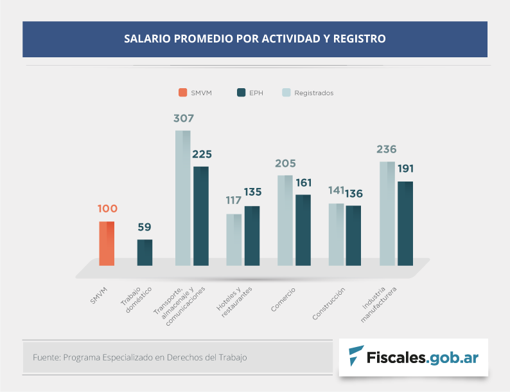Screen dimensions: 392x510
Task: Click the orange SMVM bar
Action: coord(107,243)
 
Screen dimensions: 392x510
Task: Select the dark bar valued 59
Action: coord(145,252)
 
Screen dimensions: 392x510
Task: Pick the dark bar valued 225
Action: coord(201,216)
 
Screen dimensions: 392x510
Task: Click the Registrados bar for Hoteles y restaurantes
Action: coord(234,239)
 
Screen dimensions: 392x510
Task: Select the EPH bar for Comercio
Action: coord(303,230)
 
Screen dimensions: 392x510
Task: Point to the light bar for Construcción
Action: coord(337,234)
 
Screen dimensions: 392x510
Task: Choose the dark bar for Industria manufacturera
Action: coord(405,223)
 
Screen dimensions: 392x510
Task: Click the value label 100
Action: coord(107,209)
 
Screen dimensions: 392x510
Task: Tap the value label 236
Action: coord(386,149)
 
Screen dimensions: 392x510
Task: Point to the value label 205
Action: coord(285,163)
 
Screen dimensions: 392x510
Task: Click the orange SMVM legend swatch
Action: coord(183,93)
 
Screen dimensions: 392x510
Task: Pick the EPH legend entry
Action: coord(250,93)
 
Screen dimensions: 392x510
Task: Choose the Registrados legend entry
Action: coord(308,93)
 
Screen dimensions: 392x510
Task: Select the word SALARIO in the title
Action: coord(147,39)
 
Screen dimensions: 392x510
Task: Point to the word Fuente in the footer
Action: coord(45,357)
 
